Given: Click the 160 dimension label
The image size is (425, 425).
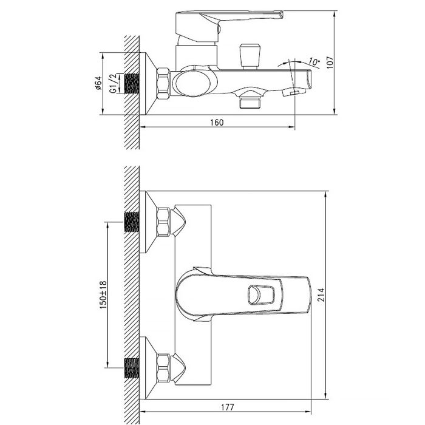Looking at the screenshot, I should tap(217, 122).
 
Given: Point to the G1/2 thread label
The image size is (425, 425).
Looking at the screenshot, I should tap(113, 84).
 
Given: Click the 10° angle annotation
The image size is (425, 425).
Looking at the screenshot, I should tap(314, 61).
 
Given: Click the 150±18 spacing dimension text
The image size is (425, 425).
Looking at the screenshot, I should tap(103, 295).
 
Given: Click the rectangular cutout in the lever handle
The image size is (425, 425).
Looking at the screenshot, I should tap(260, 296).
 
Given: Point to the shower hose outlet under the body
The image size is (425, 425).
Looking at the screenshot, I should tap(249, 100).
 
